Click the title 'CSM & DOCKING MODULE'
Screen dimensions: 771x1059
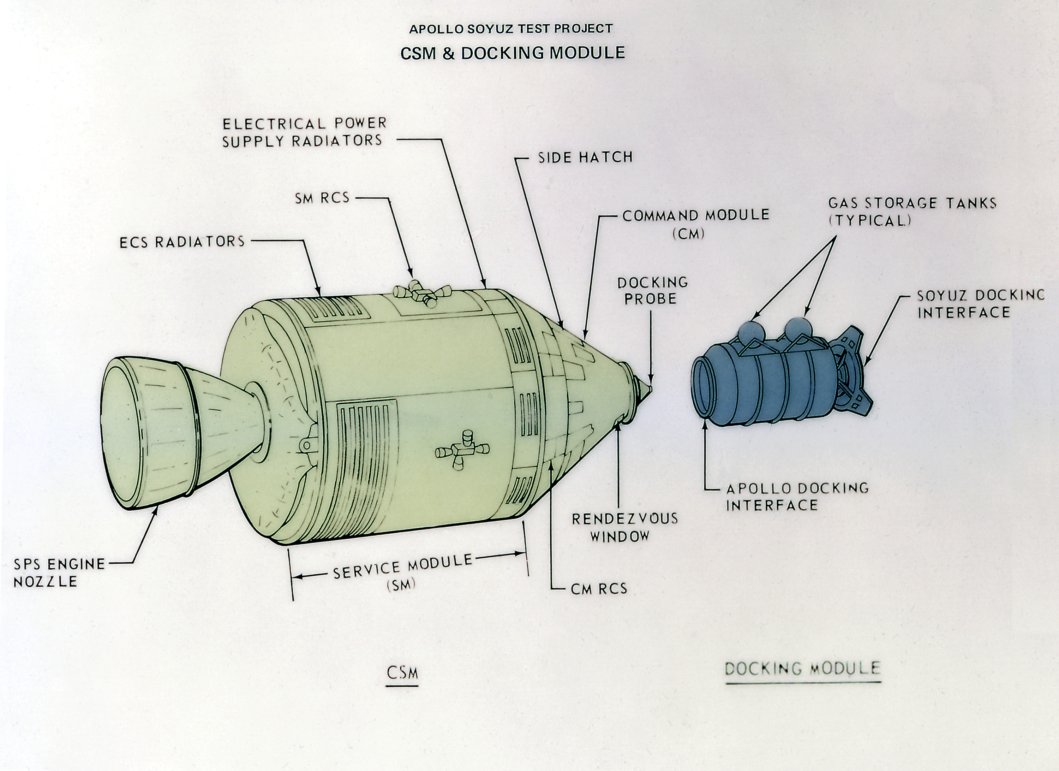512,53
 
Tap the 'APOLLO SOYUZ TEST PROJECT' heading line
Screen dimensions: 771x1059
511,29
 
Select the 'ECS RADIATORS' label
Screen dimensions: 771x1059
182,242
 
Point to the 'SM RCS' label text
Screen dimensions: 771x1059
322,198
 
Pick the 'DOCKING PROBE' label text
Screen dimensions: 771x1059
652,290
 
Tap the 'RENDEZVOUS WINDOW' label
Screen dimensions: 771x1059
625,527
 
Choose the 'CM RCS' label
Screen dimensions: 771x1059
599,589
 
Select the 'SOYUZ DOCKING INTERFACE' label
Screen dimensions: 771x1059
980,304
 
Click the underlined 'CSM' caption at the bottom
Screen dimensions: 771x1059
402,673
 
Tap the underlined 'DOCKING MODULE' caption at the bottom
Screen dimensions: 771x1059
802,668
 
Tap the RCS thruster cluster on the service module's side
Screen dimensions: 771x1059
462,451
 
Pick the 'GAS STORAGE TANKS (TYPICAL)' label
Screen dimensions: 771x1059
912,211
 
